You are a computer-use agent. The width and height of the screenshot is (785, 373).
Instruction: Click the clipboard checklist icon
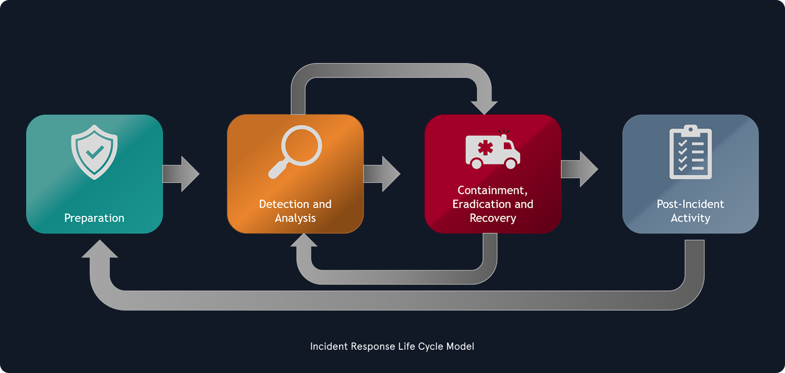click(x=690, y=152)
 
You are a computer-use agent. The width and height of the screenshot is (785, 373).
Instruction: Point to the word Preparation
click(x=94, y=218)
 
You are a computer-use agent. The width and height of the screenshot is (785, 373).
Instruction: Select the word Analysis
click(x=295, y=218)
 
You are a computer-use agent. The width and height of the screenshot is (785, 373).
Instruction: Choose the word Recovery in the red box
click(x=492, y=218)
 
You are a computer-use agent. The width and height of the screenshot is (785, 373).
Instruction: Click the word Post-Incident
click(x=690, y=204)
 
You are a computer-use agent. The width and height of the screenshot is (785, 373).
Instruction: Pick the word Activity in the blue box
click(x=690, y=218)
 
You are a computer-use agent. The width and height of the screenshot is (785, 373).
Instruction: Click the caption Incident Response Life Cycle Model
click(x=392, y=346)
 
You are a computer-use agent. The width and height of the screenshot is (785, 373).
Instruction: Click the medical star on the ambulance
click(x=486, y=148)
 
